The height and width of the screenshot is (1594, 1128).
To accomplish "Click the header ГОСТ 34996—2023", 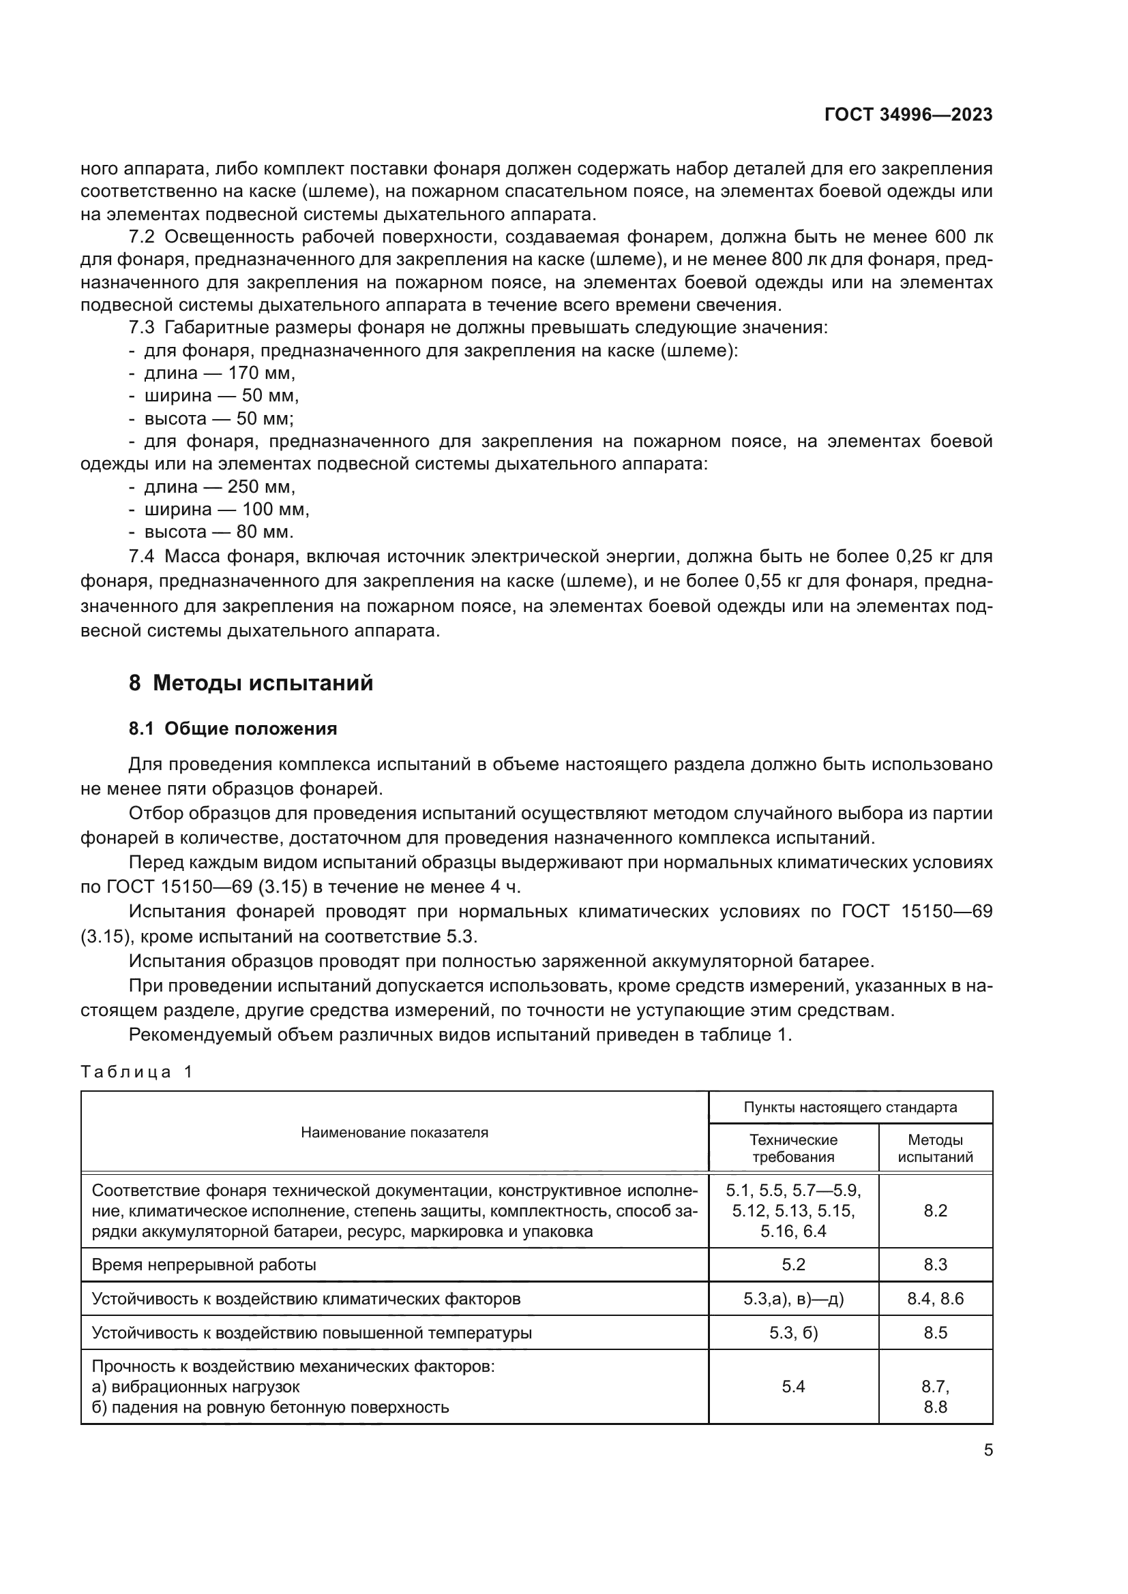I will (x=908, y=115).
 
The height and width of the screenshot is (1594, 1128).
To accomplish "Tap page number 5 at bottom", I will (x=988, y=1450).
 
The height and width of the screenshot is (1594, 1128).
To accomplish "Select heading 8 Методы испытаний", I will (x=251, y=683).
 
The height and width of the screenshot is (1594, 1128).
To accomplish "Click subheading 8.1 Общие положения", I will (x=233, y=729).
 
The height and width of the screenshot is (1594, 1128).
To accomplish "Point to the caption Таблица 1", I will (x=136, y=1071).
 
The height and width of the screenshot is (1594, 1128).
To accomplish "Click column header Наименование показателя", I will (x=394, y=1133).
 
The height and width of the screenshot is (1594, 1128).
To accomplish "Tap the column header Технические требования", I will (x=793, y=1148).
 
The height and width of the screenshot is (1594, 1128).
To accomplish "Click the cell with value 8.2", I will (x=935, y=1211).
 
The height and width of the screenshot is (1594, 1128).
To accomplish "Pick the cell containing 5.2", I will (x=793, y=1265).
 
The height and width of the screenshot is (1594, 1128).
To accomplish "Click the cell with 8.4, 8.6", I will (x=935, y=1299).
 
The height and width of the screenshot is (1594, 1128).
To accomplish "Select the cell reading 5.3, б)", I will (x=793, y=1333).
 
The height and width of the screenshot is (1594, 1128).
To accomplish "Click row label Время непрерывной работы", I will (x=203, y=1265).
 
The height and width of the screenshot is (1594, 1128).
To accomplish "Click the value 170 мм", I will (x=261, y=373).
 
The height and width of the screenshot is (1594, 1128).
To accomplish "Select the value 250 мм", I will (x=261, y=487).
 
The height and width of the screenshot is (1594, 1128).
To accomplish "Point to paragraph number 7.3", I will (x=142, y=328).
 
